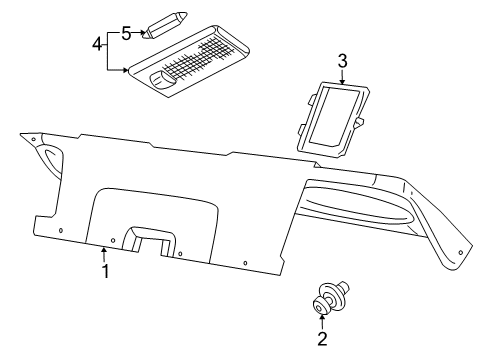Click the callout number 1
[104, 271]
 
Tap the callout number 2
[322, 339]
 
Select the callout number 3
[342, 62]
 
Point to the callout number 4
[97, 45]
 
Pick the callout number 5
[126, 32]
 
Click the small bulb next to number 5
[164, 23]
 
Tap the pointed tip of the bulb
[184, 14]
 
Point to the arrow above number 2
[322, 320]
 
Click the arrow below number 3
[342, 78]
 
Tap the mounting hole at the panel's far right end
[461, 252]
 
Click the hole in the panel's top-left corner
[33, 139]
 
